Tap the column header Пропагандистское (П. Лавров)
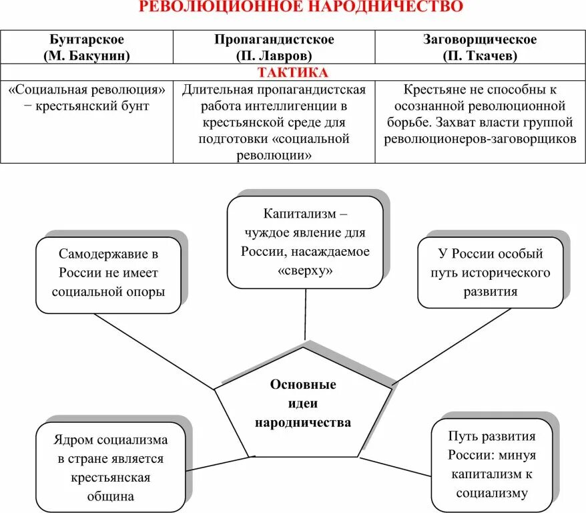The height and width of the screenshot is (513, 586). click(x=274, y=47)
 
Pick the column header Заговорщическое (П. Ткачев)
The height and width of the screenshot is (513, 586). click(x=479, y=47)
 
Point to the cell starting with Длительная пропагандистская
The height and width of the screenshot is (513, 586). click(x=274, y=122)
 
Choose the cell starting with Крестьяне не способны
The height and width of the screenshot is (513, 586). click(x=479, y=114)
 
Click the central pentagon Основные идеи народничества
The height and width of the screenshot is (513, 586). click(x=303, y=403)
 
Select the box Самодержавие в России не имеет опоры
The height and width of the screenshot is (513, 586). click(x=108, y=273)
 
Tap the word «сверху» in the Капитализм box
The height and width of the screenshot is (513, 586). click(x=304, y=271)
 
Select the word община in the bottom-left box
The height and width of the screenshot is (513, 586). click(x=110, y=496)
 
